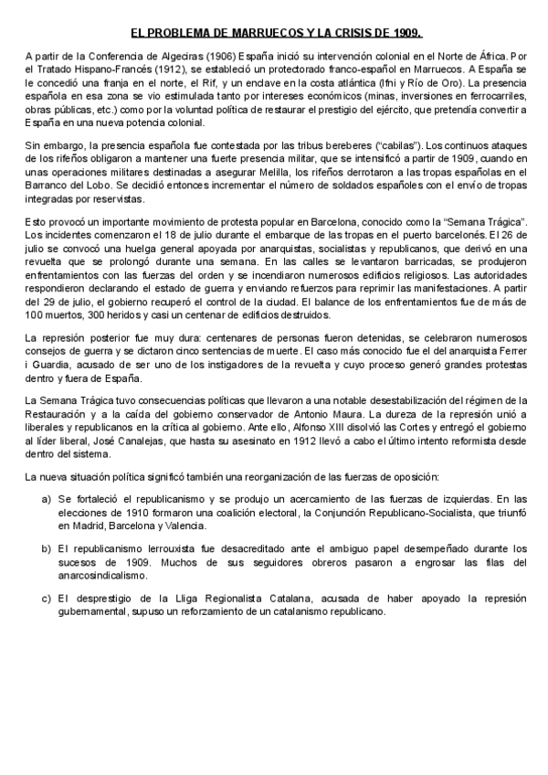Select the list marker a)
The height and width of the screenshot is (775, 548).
pyautogui.click(x=46, y=500)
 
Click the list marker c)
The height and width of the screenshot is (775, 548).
pyautogui.click(x=46, y=599)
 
